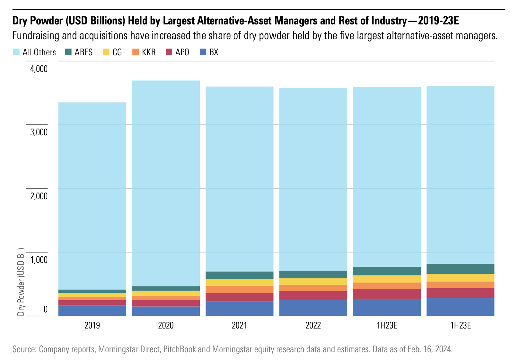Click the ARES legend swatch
pyautogui.click(x=68, y=52)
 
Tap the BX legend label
pyautogui.click(x=214, y=52)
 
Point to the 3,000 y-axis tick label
pyautogui.click(x=39, y=132)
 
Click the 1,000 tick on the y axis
pyautogui.click(x=39, y=260)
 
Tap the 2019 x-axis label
pyautogui.click(x=92, y=325)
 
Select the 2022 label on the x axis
pyautogui.click(x=313, y=325)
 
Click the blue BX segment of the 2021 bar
pyautogui.click(x=239, y=309)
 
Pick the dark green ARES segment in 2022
pyautogui.click(x=313, y=274)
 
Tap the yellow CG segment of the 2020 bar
pyautogui.click(x=166, y=293)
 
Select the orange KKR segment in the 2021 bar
pyautogui.click(x=239, y=290)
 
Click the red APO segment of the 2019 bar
pyautogui.click(x=92, y=303)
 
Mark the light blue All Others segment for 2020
pyautogui.click(x=166, y=183)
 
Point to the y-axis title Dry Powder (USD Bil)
pyautogui.click(x=21, y=282)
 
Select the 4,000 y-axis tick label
pyautogui.click(x=39, y=69)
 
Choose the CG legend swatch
pyautogui.click(x=106, y=52)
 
